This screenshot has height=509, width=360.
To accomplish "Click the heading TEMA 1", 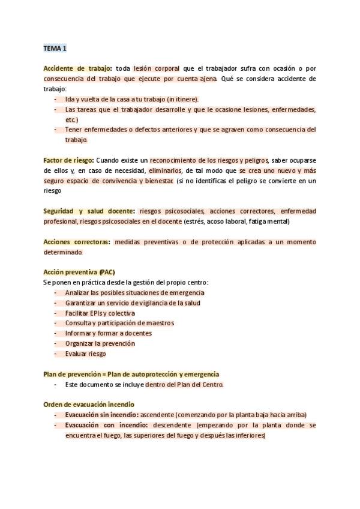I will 55,47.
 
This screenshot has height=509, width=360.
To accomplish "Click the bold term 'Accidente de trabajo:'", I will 77,69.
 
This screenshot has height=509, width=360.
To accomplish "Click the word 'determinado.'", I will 63,252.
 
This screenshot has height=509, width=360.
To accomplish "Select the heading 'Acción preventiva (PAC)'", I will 79,272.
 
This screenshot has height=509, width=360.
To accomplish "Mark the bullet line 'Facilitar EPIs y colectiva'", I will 100,313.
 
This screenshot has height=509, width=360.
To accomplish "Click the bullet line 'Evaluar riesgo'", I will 86,354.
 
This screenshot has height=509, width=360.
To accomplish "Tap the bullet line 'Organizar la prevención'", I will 100,343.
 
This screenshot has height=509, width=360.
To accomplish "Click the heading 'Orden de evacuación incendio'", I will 89,405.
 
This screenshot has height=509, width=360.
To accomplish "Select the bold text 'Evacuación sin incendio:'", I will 102,415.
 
